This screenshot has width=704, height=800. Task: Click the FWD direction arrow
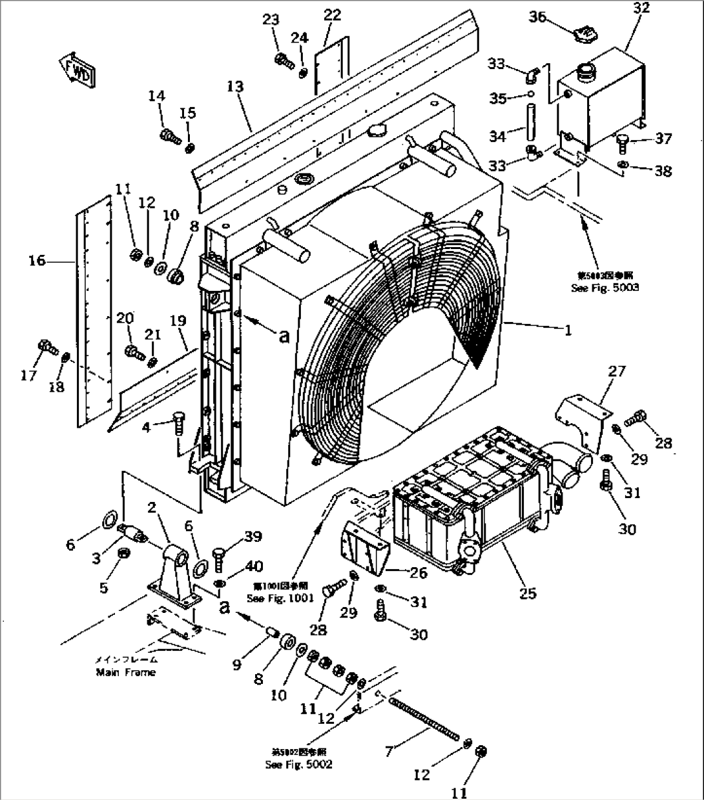coord(78,69)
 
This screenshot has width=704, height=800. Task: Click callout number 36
coord(537,17)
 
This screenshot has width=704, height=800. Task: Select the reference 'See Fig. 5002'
coord(299,765)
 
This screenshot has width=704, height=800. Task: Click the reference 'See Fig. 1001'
coord(280,599)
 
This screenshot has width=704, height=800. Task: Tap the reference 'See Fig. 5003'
coord(605,288)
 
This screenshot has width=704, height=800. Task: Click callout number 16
coord(37,261)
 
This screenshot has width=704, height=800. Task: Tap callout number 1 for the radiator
coord(568,330)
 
